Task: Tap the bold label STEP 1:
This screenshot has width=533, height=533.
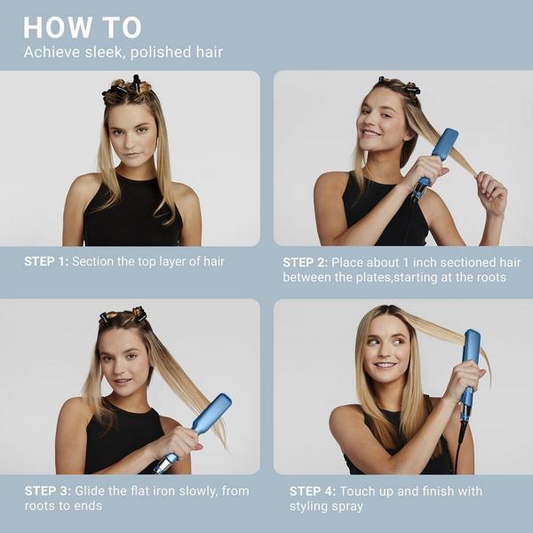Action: coord(45,261)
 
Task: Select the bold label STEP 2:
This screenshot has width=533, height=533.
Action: coord(305,262)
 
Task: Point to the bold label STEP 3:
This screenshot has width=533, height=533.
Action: coord(45,490)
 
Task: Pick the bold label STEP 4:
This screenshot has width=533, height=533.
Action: coord(311,490)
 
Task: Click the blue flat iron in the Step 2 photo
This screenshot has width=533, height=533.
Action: coord(438,151)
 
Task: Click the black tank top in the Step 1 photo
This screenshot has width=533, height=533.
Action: coord(131,218)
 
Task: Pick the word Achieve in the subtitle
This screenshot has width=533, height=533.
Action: coord(50,52)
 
